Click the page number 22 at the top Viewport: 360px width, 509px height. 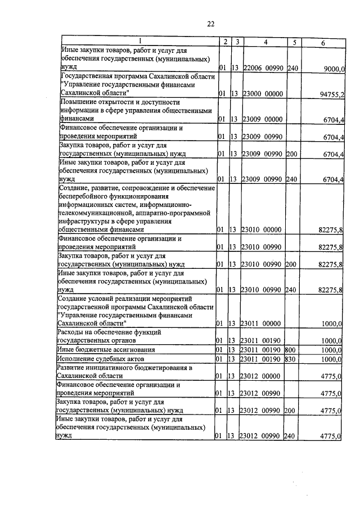(211, 23)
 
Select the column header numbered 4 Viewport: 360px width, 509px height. (265, 42)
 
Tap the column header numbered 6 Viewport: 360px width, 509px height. (323, 43)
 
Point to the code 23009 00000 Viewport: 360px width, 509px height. (262, 120)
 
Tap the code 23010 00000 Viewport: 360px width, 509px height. (262, 229)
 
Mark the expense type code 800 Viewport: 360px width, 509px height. (291, 349)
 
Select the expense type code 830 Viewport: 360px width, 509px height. (291, 358)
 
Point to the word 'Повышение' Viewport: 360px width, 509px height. (79, 102)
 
